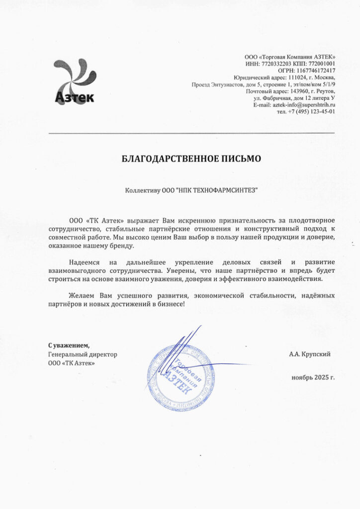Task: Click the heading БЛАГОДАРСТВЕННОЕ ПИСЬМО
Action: tap(191, 159)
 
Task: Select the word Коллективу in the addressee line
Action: tap(143, 190)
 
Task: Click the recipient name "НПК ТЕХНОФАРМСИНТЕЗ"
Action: tap(217, 190)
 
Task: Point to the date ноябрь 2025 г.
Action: tap(313, 377)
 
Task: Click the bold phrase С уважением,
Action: tap(69, 345)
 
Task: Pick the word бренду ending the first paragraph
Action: tap(122, 246)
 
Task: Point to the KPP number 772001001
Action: tap(319, 64)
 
